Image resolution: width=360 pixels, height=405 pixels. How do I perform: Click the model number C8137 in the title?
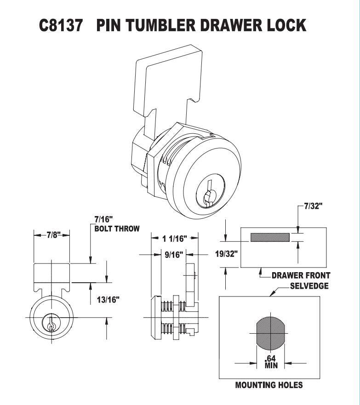[x=62, y=26]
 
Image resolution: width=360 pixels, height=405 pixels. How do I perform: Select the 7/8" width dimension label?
[x=52, y=235]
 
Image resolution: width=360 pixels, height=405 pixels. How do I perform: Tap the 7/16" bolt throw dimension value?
[x=103, y=219]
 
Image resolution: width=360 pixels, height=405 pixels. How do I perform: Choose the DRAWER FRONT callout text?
[x=301, y=275]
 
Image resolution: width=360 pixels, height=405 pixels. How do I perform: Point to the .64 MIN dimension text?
[x=269, y=362]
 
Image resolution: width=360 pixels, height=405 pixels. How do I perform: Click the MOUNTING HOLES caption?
[x=269, y=385]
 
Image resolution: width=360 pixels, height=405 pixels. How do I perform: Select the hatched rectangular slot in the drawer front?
[x=270, y=237]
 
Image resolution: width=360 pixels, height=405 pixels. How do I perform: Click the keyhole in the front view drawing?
[x=51, y=323]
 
